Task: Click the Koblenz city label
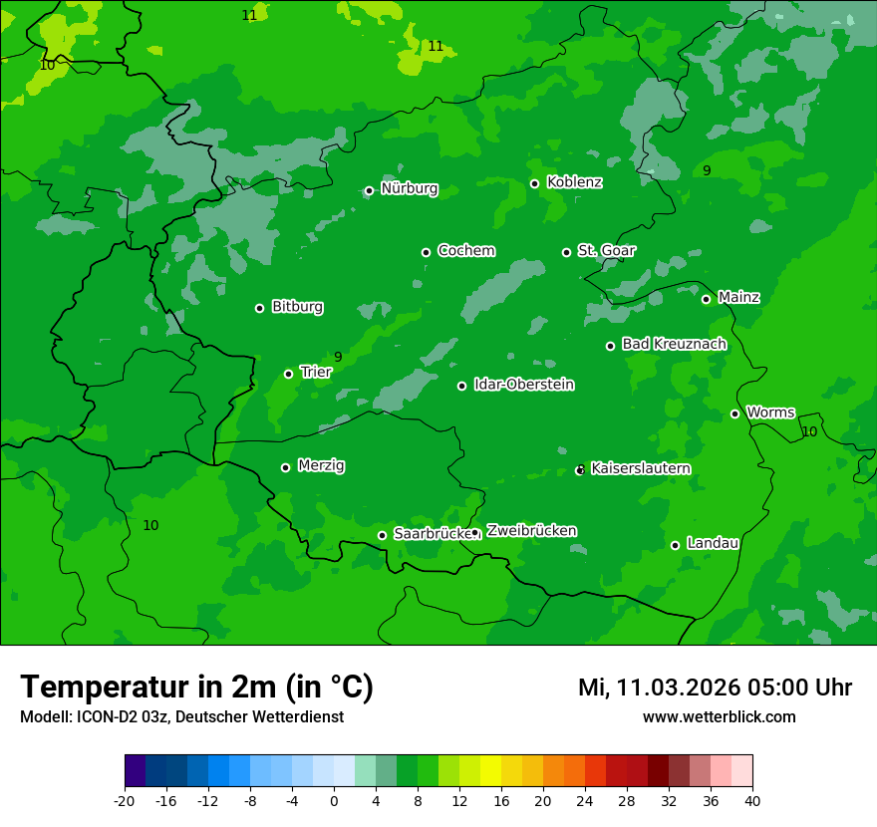574,182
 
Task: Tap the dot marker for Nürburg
369,190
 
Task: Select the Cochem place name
465,251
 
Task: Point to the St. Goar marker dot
566,252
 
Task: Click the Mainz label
738,298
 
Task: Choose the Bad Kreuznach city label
674,345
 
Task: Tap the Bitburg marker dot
259,308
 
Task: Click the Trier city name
315,372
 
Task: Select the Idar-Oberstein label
523,385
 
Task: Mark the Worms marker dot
734,413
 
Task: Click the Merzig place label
321,466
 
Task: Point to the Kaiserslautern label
641,468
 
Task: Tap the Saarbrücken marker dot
382,535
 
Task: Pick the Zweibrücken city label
531,531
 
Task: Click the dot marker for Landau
675,545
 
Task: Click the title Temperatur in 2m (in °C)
196,688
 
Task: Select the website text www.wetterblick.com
719,717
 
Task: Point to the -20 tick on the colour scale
125,801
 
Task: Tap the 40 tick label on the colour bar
752,801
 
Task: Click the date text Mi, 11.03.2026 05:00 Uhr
715,688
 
